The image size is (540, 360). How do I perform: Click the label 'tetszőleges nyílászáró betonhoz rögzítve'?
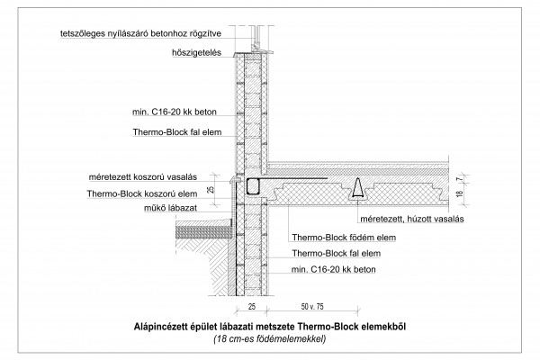click(140, 33)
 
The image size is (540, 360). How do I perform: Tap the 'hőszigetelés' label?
click(196, 53)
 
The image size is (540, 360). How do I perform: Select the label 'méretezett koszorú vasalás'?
click(143, 177)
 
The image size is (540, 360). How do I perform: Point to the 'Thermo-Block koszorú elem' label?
click(142, 193)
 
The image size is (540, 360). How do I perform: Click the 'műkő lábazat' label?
click(170, 208)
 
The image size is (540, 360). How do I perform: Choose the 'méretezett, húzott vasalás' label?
click(412, 219)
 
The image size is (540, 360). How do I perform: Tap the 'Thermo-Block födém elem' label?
click(344, 238)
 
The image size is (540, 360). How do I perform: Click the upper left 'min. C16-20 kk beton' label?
click(175, 112)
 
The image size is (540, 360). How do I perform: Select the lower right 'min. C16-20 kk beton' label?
click(333, 269)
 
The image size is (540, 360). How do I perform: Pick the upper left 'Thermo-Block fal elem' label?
click(177, 132)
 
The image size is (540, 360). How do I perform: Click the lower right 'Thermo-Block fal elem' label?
click(337, 254)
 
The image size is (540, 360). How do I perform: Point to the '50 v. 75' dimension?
click(312, 306)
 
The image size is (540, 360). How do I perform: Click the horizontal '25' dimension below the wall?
click(252, 306)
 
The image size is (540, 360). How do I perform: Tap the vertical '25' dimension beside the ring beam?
click(211, 189)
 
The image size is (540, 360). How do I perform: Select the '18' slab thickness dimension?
click(460, 194)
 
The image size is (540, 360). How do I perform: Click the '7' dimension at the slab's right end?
click(458, 179)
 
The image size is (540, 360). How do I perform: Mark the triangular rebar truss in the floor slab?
click(358, 189)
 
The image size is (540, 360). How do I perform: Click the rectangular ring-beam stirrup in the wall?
click(253, 187)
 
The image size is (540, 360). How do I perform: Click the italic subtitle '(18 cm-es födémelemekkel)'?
click(270, 339)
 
